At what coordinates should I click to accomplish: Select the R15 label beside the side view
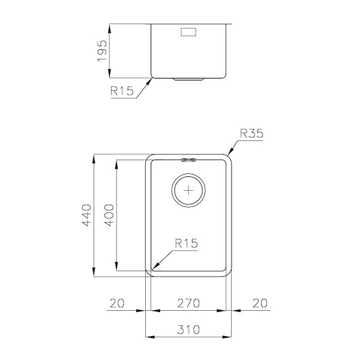click(x=122, y=92)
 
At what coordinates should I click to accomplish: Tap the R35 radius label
click(x=252, y=134)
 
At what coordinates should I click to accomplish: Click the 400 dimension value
click(x=109, y=215)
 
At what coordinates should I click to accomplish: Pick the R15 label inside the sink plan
click(x=186, y=243)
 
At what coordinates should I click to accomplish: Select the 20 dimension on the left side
click(x=117, y=304)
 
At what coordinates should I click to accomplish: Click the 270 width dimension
click(x=190, y=304)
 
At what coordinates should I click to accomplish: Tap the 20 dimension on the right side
click(x=260, y=304)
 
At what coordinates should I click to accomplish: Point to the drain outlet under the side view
click(x=189, y=79)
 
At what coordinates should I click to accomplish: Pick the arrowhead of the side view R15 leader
click(x=151, y=79)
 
